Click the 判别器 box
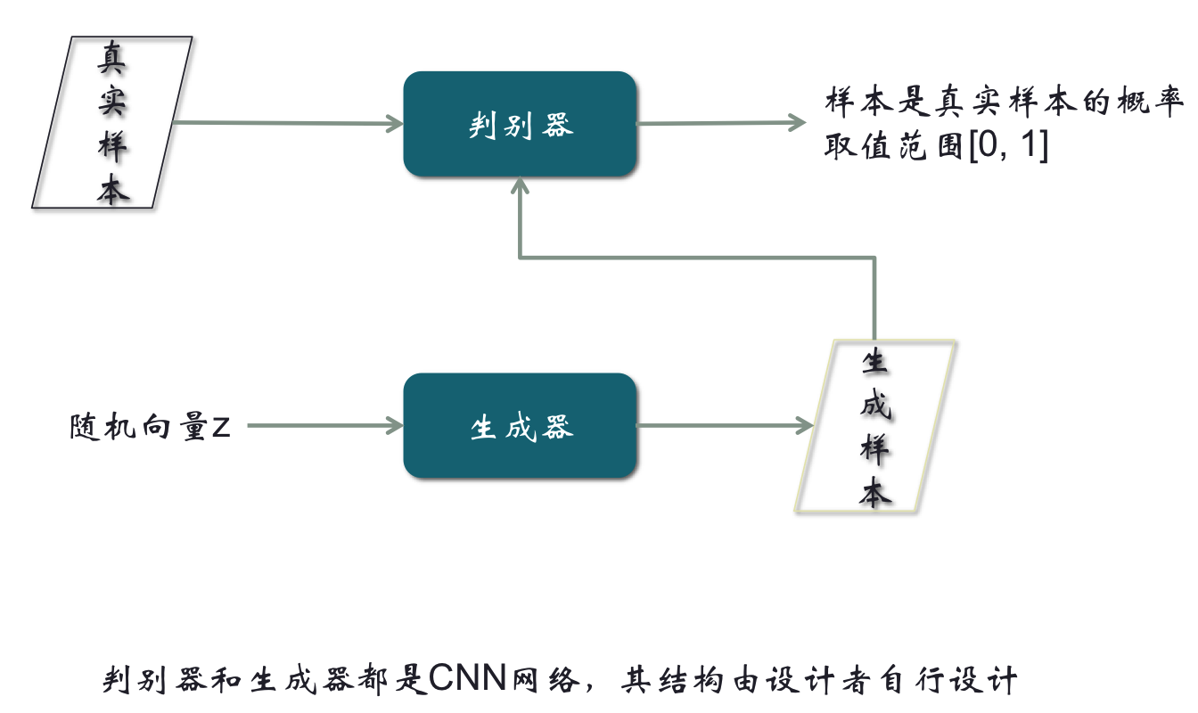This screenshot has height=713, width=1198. tap(520, 124)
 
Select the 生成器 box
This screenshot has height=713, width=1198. tap(520, 426)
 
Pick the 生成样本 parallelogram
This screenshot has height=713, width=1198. tap(875, 426)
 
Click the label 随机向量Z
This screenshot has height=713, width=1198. tap(150, 427)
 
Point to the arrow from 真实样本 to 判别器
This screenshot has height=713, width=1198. tap(285, 123)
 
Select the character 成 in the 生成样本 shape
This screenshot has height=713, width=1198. tap(875, 406)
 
